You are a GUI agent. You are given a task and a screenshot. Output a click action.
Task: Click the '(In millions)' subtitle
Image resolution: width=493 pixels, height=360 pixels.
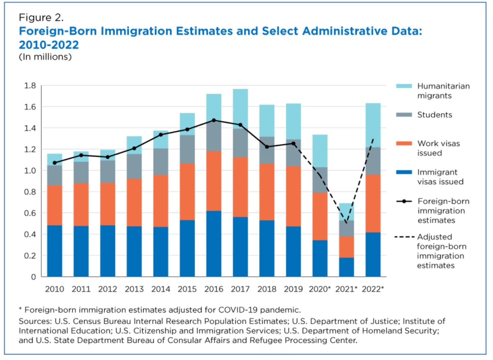(x=45, y=57)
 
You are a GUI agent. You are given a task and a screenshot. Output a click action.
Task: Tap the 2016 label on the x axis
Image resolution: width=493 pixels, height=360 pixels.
(x=214, y=289)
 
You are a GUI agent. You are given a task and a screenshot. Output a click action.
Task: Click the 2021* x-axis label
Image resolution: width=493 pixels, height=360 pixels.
(x=346, y=289)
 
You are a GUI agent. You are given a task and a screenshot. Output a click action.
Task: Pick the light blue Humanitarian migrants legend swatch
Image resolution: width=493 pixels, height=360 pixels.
(x=404, y=86)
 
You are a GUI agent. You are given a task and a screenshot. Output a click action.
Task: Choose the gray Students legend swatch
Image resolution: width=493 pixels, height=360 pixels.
(x=404, y=115)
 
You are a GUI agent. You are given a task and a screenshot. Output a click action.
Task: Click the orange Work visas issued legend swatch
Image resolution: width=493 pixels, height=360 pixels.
(x=404, y=143)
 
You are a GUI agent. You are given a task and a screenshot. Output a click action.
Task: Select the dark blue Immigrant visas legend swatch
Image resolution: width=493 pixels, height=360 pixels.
(x=404, y=172)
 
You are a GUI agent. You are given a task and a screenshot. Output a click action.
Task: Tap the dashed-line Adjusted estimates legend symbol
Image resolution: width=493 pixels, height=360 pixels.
(x=404, y=237)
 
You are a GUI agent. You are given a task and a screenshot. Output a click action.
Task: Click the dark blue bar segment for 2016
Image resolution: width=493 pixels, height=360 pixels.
(x=214, y=243)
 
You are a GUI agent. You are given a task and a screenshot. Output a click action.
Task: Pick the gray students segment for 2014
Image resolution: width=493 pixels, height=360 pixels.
(x=161, y=162)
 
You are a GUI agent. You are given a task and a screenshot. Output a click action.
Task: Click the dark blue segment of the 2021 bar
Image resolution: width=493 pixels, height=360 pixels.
(x=346, y=267)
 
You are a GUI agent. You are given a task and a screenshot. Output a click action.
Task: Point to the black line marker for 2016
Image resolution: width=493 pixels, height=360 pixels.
(x=214, y=120)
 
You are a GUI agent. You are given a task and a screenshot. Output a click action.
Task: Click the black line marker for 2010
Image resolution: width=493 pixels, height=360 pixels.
(x=55, y=163)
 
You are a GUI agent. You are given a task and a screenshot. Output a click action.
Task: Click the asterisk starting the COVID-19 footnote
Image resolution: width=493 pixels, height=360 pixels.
(x=21, y=309)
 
